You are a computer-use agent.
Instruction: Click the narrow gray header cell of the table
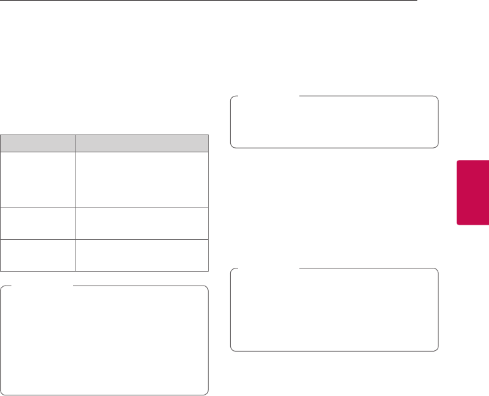coord(37,142)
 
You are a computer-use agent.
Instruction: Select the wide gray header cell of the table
coord(141,142)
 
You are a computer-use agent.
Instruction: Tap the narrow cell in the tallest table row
coord(37,179)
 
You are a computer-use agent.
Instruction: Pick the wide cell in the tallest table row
coord(141,179)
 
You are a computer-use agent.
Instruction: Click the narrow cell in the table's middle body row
coord(37,223)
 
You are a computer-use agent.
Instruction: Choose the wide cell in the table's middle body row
coord(141,223)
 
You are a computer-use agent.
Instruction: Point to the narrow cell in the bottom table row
coord(37,256)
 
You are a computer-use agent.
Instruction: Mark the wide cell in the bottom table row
coord(141,256)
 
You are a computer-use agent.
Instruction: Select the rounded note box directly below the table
coord(105,341)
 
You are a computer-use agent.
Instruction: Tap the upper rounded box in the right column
coord(334,122)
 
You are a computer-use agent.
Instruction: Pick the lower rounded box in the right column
coord(334,310)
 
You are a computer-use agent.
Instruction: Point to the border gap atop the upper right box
coord(267,96)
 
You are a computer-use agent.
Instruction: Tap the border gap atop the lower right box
coord(267,268)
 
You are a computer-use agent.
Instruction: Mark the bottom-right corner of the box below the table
coord(207,393)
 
